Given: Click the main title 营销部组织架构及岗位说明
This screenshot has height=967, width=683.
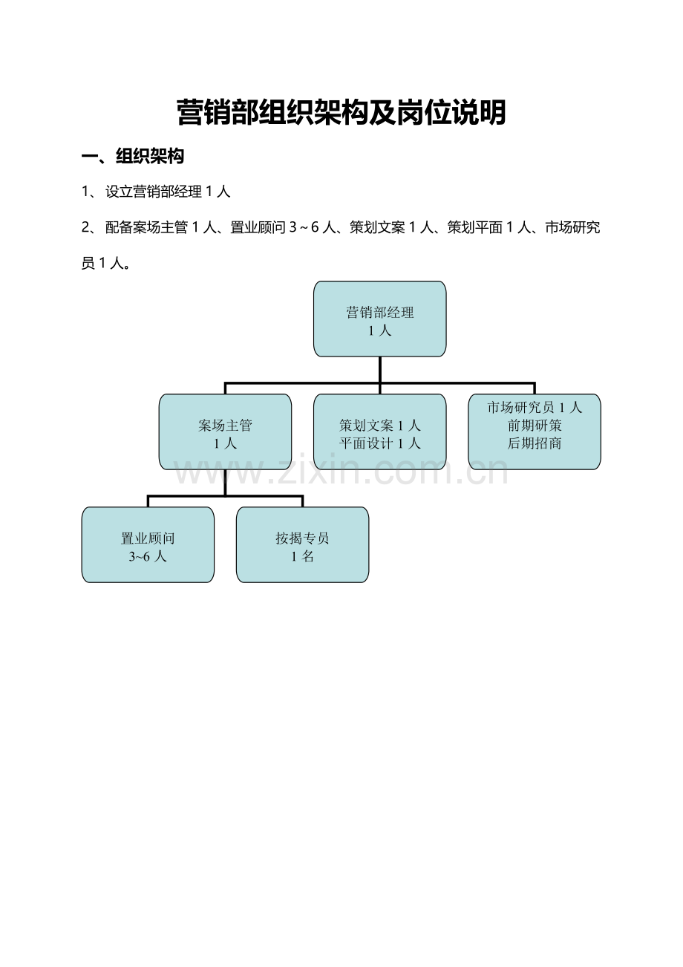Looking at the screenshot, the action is click(x=341, y=112).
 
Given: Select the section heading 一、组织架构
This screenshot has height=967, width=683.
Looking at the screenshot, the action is click(x=133, y=156).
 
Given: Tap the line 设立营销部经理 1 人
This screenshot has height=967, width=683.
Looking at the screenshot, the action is click(x=168, y=192).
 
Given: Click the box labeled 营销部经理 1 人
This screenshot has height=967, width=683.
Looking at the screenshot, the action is click(x=379, y=319).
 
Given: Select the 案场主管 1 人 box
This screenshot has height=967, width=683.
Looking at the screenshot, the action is click(x=225, y=432).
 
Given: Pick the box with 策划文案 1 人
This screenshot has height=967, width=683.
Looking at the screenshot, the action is click(x=379, y=432).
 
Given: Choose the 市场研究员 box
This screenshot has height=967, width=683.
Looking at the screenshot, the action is click(x=535, y=432).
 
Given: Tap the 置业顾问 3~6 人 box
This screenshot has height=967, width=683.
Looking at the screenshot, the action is click(x=148, y=545).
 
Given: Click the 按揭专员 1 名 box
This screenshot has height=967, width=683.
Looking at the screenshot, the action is click(x=302, y=545).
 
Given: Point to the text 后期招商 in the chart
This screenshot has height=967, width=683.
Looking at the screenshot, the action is click(x=535, y=443).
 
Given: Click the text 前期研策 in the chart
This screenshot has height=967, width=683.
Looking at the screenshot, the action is click(x=535, y=426).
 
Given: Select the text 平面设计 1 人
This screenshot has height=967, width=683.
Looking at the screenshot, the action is click(x=379, y=443).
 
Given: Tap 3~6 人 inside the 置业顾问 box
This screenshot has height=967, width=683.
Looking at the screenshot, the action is click(x=148, y=556).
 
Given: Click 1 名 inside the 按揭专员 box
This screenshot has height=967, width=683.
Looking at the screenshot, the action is click(x=302, y=556).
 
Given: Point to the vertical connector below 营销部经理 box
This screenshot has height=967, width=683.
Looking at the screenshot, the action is click(x=379, y=370).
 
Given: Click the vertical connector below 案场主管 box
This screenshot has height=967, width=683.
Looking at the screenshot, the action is click(x=225, y=483).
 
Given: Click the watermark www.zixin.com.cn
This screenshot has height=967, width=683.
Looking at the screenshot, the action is click(x=341, y=472).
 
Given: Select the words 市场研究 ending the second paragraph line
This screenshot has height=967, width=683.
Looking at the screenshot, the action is click(x=572, y=227).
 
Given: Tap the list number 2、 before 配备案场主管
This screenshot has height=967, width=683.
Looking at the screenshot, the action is click(x=91, y=227).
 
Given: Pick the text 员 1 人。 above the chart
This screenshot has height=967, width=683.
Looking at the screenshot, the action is click(x=106, y=263).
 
